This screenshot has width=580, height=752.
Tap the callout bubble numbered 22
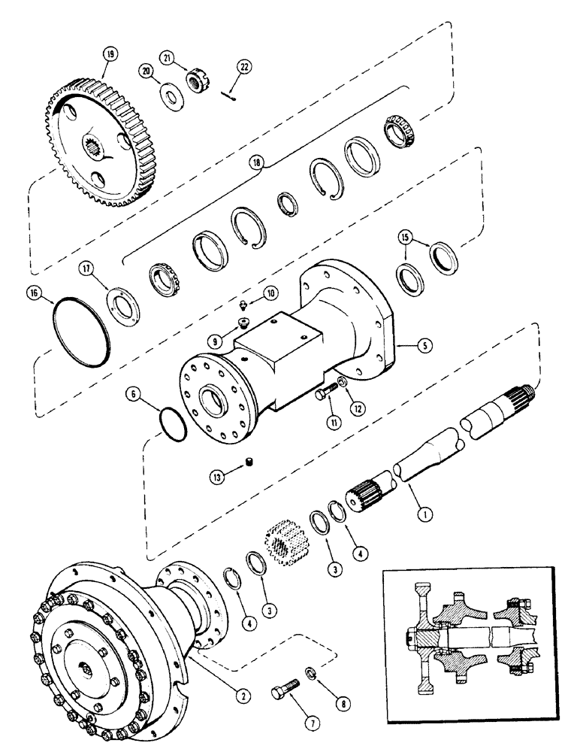pos(243,66)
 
